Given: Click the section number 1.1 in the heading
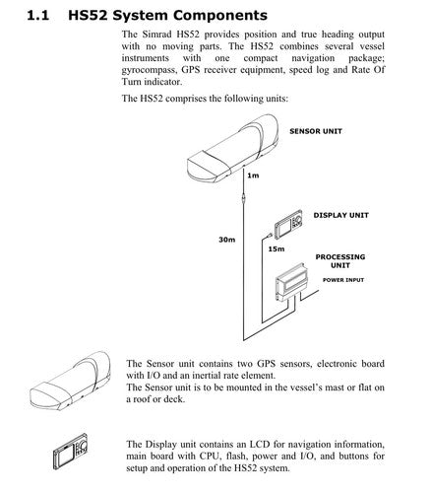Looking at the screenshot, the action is (37, 16).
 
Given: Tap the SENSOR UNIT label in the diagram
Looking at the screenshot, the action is (316, 131).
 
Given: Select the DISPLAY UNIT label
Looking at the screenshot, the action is (341, 215).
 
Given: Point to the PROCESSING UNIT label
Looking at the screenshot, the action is (340, 261).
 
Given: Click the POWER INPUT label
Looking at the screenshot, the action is (343, 280).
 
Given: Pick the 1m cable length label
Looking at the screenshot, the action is (253, 176).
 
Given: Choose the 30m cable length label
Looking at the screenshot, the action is (227, 240).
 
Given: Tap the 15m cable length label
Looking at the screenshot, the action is (277, 248).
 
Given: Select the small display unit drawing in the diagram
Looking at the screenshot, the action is (288, 224).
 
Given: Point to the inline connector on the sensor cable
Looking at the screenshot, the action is (243, 198).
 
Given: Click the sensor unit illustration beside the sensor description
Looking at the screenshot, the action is (70, 381).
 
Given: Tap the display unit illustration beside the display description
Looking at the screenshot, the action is (71, 452).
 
